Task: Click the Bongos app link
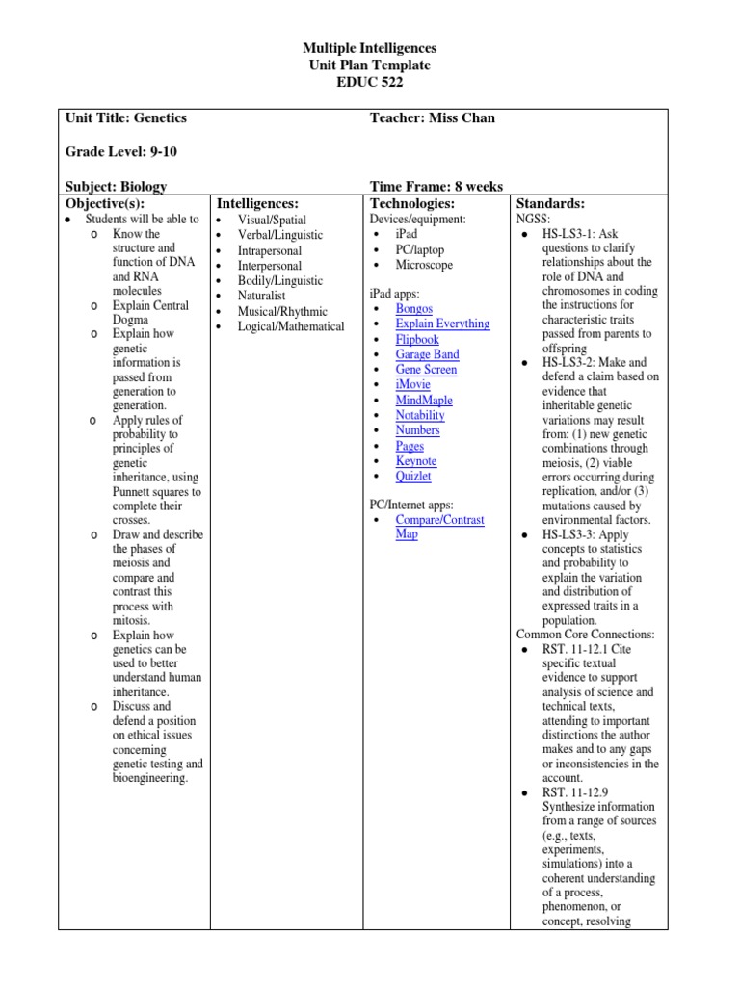413,309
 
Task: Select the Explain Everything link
442,324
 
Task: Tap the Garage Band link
427,354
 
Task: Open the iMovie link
412,385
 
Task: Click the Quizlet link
413,476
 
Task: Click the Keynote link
415,461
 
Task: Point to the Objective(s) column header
104,204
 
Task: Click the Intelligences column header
257,204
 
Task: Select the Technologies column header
412,204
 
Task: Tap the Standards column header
551,204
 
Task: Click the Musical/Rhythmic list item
282,311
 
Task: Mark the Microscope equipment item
423,265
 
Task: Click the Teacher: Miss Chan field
432,118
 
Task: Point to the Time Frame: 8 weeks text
436,187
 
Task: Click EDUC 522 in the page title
370,83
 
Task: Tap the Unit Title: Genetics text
125,118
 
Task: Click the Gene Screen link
426,370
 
